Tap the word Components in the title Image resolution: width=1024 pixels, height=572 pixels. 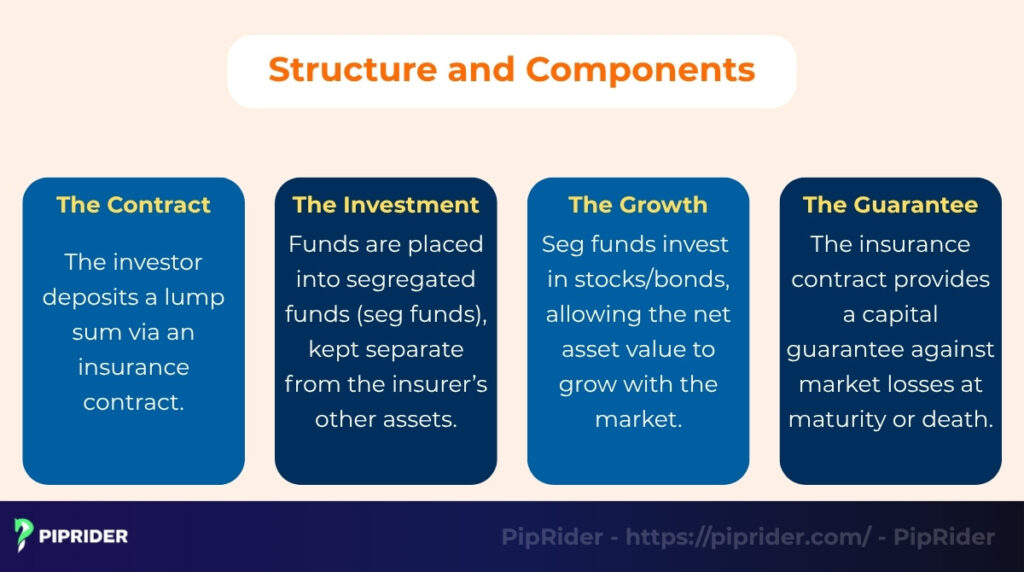click(640, 70)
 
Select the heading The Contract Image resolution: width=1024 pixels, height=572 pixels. click(133, 205)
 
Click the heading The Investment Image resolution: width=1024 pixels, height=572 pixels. click(386, 205)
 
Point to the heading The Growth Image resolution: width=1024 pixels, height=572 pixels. click(638, 205)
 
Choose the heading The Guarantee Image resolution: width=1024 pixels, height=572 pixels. click(890, 205)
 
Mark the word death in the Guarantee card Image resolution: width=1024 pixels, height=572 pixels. click(961, 419)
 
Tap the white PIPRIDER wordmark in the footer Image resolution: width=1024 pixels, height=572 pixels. click(84, 536)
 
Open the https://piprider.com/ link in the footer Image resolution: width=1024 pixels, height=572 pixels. click(748, 537)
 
